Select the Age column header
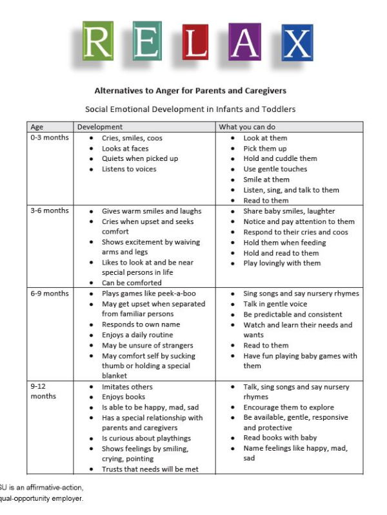37,127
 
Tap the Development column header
100,127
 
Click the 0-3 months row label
49,138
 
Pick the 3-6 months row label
49,211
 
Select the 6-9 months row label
49,294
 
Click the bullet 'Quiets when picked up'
139,158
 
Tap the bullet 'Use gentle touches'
275,169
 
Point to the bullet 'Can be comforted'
132,283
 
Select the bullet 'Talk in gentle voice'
275,304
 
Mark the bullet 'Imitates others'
127,387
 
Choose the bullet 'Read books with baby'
280,438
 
